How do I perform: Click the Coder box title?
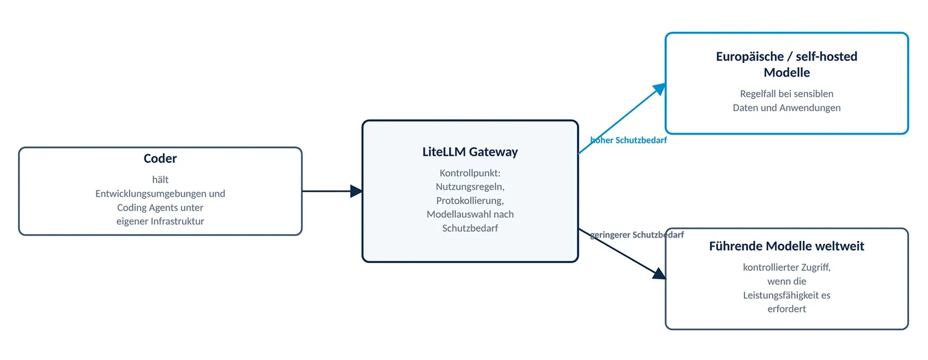(160, 159)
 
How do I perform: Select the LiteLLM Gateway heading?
(470, 152)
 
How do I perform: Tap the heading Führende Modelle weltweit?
(786, 246)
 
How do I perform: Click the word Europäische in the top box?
(750, 57)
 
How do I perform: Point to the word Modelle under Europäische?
(786, 73)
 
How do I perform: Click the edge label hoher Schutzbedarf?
(629, 141)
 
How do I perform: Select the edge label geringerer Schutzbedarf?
(637, 235)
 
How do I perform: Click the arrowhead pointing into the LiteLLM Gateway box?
(356, 191)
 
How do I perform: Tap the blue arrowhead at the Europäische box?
(659, 89)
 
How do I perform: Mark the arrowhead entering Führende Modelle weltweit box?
(659, 273)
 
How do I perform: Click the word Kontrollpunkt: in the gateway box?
(470, 173)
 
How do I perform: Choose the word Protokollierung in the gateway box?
(469, 201)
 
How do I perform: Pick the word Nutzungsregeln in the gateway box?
(469, 187)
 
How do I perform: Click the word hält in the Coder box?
(160, 180)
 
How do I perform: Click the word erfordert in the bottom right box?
(786, 309)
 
